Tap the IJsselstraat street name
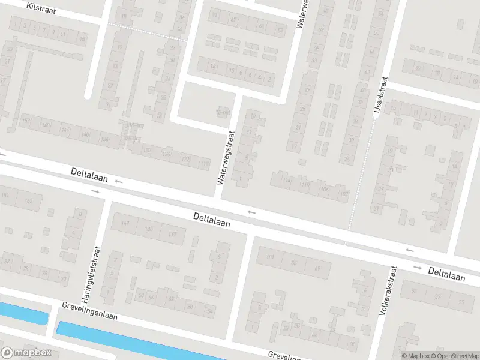[x=380, y=97]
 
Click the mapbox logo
[x=26, y=353]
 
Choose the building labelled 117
[x=172, y=235]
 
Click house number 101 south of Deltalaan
[x=269, y=259]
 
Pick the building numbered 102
[x=343, y=194]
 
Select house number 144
[x=65, y=130]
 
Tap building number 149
[x=125, y=223]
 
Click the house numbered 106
[x=325, y=190]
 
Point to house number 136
[x=106, y=140]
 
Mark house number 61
[x=260, y=27]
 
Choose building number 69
[x=317, y=268]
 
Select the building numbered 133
[x=148, y=229]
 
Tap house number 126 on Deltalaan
[x=166, y=155]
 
